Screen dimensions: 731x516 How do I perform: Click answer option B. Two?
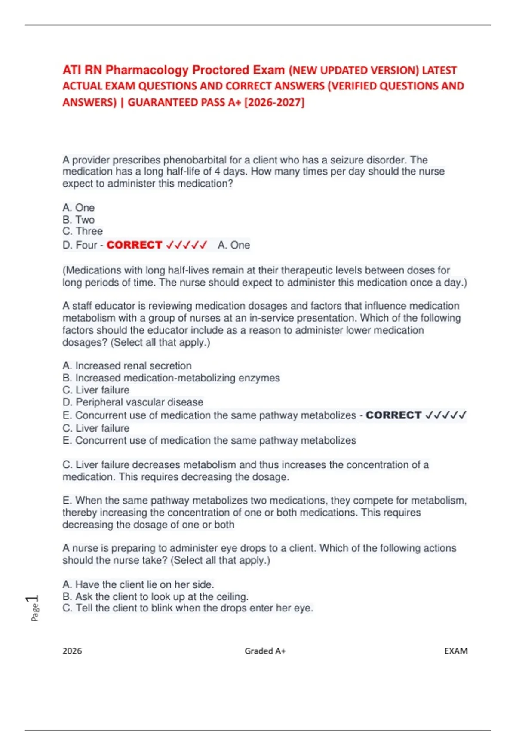pos(79,219)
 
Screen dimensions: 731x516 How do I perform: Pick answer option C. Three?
pos(83,231)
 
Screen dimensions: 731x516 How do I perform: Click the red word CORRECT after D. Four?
pos(134,245)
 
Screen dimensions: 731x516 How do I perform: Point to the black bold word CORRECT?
pos(393,415)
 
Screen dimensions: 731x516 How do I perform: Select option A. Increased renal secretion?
pos(127,365)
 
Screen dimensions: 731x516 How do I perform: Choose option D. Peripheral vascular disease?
pos(133,402)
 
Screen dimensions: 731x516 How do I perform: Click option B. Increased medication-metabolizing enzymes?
pos(171,378)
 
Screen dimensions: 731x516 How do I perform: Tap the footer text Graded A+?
pos(265,651)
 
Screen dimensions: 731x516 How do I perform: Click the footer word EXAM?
pos(456,651)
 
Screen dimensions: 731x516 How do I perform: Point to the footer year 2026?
pos(72,651)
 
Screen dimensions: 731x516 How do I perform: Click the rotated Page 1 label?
pos(34,608)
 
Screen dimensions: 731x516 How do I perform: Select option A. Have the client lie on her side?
pos(138,584)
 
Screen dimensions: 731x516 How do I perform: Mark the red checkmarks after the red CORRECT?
pos(187,245)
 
